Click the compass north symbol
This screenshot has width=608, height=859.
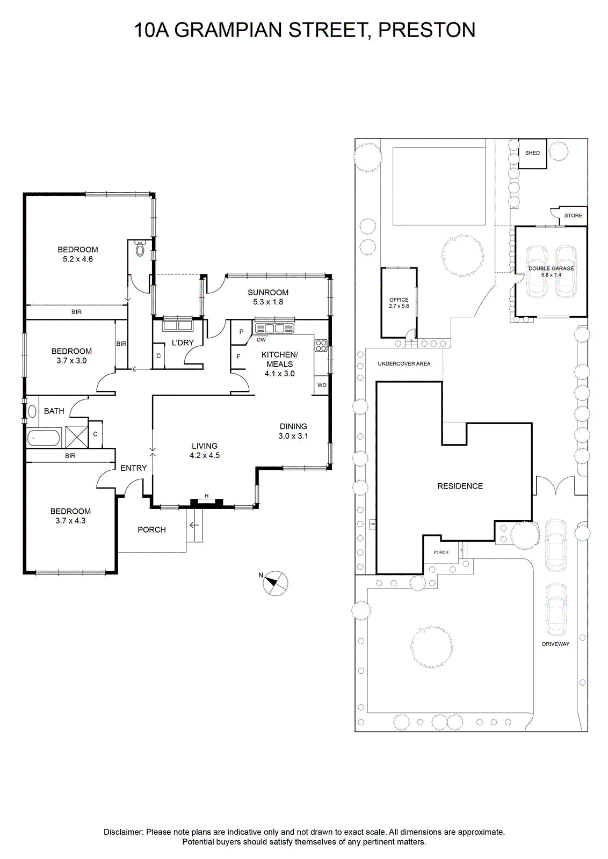tap(274, 583)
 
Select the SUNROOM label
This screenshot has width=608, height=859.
tap(268, 292)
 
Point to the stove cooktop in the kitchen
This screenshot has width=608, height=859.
tap(321, 345)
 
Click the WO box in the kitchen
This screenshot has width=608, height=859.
tap(321, 385)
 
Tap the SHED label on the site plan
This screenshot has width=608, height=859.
tap(532, 152)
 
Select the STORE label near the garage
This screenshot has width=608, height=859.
tap(573, 215)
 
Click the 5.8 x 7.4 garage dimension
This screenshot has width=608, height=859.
tap(551, 274)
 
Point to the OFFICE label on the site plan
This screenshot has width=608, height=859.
tap(399, 300)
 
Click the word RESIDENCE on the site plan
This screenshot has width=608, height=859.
tap(460, 486)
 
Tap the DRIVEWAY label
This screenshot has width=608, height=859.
tap(555, 644)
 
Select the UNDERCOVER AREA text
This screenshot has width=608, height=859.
tap(404, 363)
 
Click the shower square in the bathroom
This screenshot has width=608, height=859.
tap(77, 436)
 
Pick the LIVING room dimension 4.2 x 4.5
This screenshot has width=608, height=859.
tap(205, 456)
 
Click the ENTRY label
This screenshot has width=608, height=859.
tap(134, 468)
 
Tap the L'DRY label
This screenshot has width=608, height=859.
tap(183, 343)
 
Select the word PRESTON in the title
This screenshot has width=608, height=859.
tap(426, 30)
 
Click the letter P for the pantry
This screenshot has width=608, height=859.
tap(241, 332)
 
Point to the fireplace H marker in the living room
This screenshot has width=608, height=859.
tap(206, 496)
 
